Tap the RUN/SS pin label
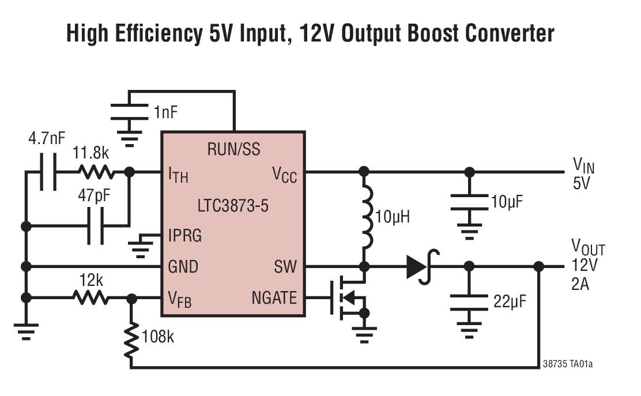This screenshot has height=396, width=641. (x=233, y=150)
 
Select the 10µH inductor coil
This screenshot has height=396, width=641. (x=365, y=218)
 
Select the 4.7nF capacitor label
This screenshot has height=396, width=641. (x=47, y=139)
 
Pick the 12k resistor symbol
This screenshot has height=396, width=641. (x=90, y=297)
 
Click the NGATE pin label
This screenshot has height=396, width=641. (x=274, y=298)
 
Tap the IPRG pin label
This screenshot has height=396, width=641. (x=185, y=235)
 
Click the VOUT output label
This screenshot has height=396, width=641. (x=588, y=248)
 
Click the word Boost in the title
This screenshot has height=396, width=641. (x=399, y=33)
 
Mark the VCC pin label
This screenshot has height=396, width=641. (x=284, y=174)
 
